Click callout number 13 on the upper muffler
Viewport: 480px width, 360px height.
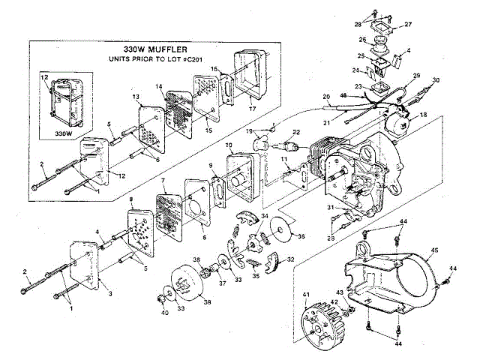(136, 97)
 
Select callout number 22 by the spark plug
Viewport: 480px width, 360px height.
(296, 133)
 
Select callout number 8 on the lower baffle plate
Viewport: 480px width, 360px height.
(131, 200)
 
